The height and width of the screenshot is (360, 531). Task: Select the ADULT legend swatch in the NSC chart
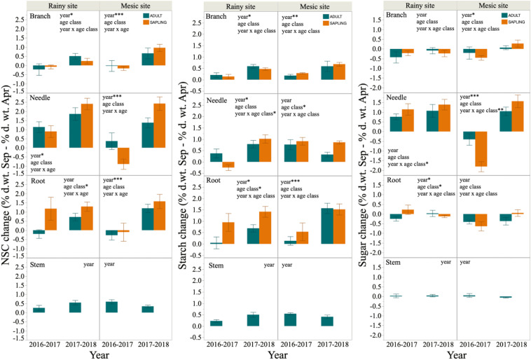click(139, 14)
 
